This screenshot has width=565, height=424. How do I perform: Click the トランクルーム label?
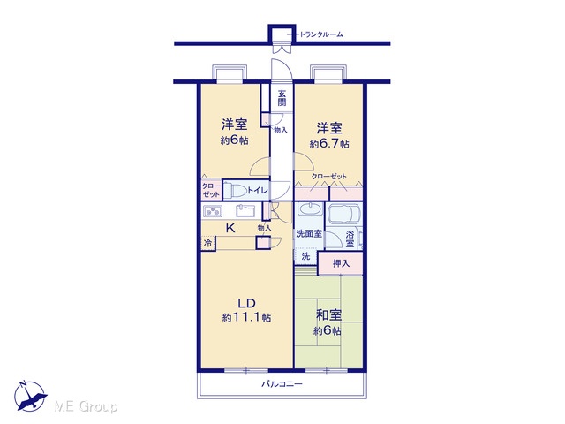tap(321, 34)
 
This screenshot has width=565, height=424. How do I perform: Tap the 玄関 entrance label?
tap(282, 98)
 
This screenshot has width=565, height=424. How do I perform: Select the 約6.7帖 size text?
tap(329, 144)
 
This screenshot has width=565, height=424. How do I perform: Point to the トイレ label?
tap(257, 190)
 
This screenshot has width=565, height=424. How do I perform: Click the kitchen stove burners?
tap(213, 211)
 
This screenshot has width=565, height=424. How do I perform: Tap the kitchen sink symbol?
tap(245, 210)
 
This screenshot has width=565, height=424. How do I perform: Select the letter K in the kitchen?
tap(230, 228)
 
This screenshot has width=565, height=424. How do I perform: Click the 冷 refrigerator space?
tap(208, 244)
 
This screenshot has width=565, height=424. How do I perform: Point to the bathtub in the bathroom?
tap(344, 214)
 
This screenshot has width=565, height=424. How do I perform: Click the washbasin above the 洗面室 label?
tap(309, 209)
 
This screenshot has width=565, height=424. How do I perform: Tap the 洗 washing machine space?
tap(305, 257)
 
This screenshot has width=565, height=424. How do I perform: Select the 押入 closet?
tap(341, 263)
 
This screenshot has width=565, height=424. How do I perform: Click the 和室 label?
tap(328, 315)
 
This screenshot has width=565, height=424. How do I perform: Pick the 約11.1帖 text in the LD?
tap(247, 318)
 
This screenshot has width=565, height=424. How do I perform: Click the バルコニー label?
tap(282, 384)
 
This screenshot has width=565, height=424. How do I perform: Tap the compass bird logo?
tap(30, 397)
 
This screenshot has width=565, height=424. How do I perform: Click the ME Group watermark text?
tap(86, 406)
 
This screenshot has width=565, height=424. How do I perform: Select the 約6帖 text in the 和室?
tap(328, 330)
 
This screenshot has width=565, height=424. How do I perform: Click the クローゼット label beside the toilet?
tap(211, 191)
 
